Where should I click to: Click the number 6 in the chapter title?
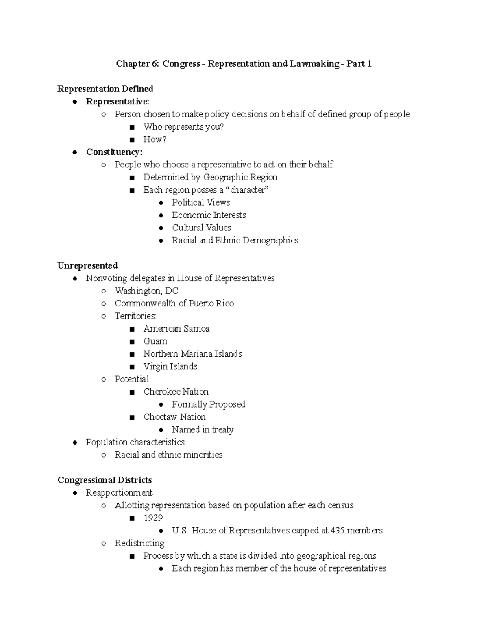155,64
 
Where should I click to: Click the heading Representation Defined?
105,89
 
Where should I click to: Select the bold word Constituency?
114,152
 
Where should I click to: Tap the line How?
155,139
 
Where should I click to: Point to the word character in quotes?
248,190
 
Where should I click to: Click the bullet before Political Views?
161,203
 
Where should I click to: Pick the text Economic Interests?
209,215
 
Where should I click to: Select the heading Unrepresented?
87,266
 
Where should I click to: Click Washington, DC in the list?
146,291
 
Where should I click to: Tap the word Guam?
155,341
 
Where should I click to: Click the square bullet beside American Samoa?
132,329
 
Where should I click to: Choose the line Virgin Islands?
170,366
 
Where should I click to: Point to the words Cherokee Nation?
176,392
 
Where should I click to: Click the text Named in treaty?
203,429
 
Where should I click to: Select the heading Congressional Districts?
105,480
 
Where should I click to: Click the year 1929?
153,518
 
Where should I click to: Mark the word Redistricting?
139,543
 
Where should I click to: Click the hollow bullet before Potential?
104,379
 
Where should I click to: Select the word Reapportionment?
119,493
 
